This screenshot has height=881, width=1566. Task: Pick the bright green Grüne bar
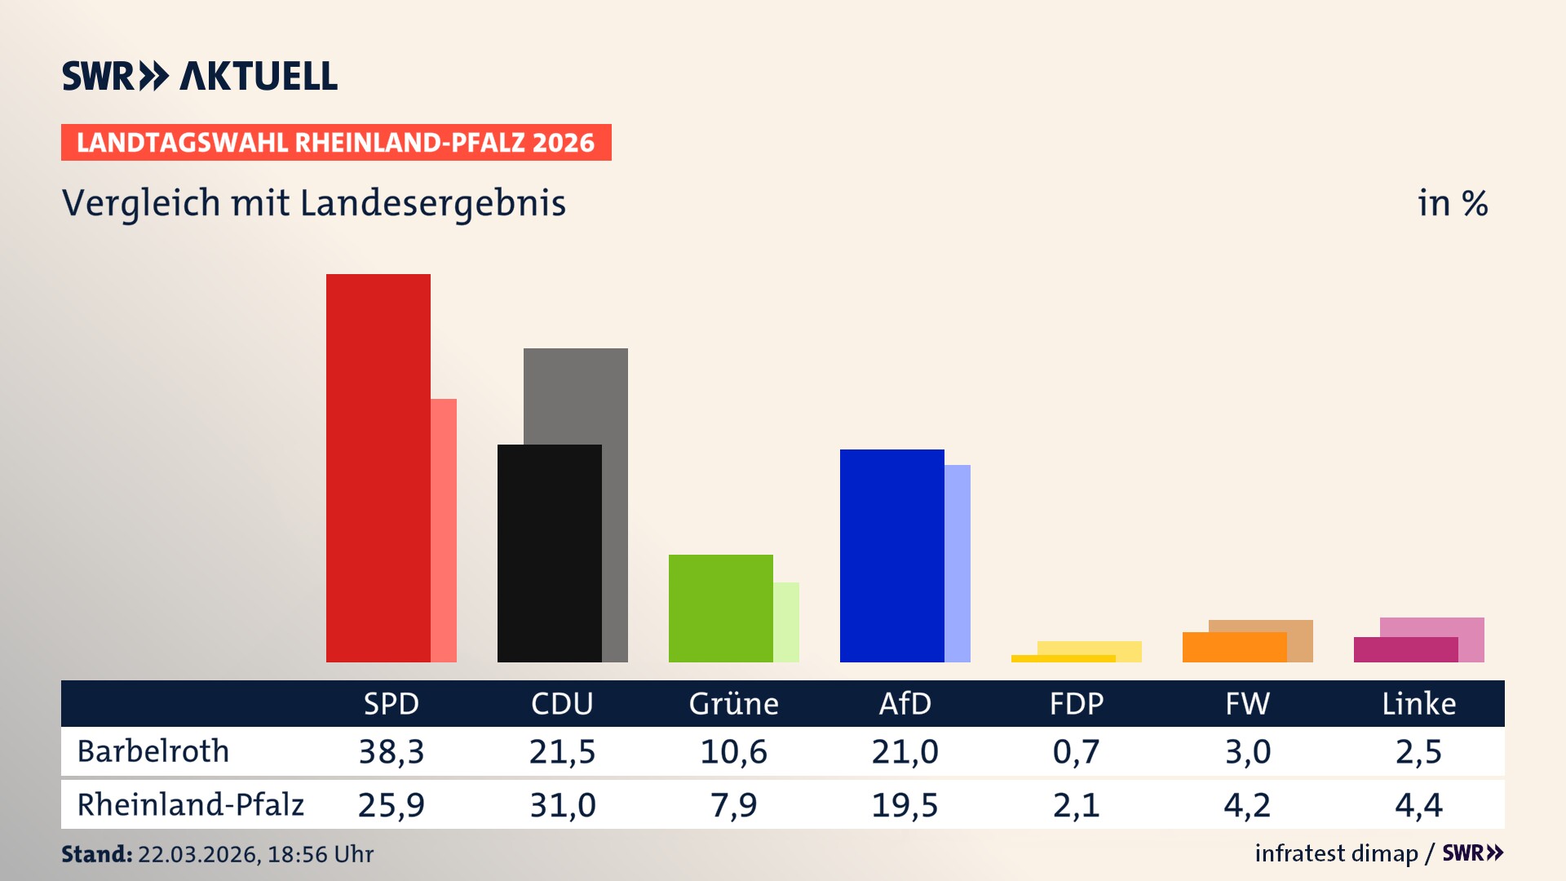[x=720, y=608]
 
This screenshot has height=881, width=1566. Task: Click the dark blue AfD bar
[x=891, y=555]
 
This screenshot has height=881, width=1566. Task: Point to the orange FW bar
[x=1234, y=648]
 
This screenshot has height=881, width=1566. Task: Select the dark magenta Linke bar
[x=1405, y=650]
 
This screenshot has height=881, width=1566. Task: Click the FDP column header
[x=1076, y=703]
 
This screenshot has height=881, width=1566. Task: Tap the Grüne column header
[x=733, y=703]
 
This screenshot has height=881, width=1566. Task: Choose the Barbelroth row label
[x=153, y=751]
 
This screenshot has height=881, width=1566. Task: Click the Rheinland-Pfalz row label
[x=190, y=804]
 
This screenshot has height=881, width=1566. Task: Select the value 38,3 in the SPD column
[x=391, y=751]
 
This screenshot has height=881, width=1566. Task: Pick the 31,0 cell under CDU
[x=563, y=805]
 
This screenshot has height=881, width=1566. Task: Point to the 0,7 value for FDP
[x=1076, y=751]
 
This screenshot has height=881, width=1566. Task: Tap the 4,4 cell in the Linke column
[x=1418, y=805]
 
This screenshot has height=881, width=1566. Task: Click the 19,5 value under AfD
[x=905, y=805]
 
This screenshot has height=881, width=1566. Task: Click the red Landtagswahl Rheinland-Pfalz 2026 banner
[x=336, y=142]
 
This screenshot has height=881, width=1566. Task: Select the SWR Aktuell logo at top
[x=200, y=76]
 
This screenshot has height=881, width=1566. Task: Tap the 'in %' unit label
[x=1453, y=203]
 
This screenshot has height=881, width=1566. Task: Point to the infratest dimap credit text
[x=1336, y=853]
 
